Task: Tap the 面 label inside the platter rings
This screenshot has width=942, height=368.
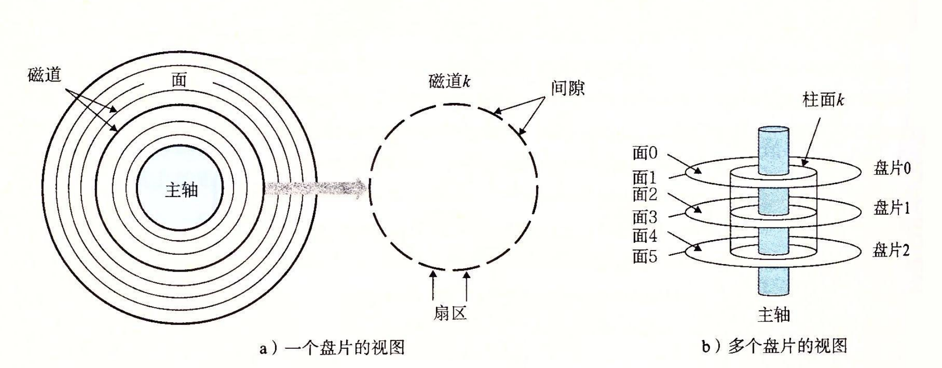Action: pyautogui.click(x=179, y=80)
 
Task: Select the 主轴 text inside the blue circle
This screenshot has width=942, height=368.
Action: pyautogui.click(x=181, y=190)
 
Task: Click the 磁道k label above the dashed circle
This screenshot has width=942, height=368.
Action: pyautogui.click(x=449, y=81)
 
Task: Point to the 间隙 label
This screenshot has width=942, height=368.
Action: pyautogui.click(x=567, y=88)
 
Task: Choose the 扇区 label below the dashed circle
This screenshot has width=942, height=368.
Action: pyautogui.click(x=450, y=313)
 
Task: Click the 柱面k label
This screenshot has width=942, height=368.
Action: pyautogui.click(x=823, y=100)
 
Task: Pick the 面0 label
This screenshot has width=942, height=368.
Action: pyautogui.click(x=645, y=153)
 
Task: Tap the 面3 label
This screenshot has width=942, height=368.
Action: pyautogui.click(x=645, y=217)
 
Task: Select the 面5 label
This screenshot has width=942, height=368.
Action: pyautogui.click(x=645, y=256)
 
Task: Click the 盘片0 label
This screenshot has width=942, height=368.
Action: pyautogui.click(x=892, y=168)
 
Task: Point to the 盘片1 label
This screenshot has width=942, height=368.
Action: pyautogui.click(x=892, y=208)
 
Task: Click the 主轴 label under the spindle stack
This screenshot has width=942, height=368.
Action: pyautogui.click(x=774, y=314)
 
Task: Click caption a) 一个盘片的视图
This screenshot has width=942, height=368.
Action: pyautogui.click(x=332, y=348)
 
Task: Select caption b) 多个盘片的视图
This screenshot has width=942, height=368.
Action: pyautogui.click(x=775, y=346)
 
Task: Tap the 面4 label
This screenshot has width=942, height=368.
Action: pyautogui.click(x=645, y=236)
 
